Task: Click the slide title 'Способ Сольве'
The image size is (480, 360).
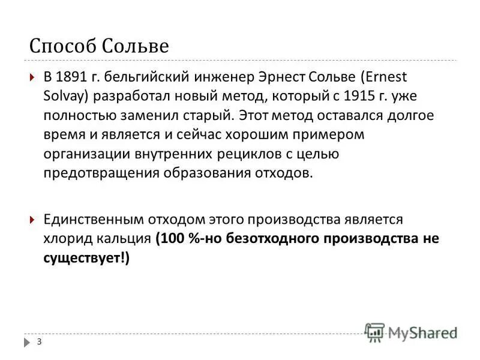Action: pyautogui.click(x=100, y=46)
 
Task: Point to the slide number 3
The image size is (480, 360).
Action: pyautogui.click(x=39, y=342)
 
